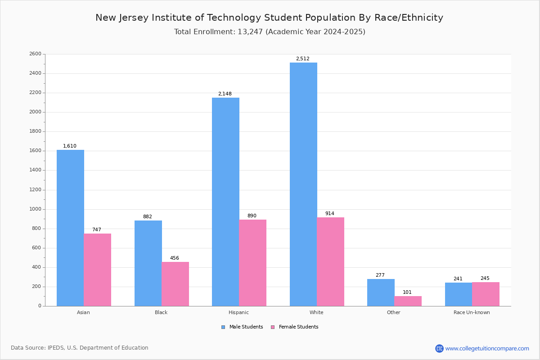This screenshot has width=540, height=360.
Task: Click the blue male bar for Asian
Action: tap(70, 228)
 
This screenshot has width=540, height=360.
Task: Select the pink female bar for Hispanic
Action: tap(252, 263)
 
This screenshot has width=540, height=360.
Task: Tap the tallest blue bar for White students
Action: tap(303, 184)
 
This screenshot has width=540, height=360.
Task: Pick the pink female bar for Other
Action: tap(408, 301)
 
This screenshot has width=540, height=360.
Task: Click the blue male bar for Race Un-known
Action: tap(459, 294)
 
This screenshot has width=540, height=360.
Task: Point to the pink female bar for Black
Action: tap(175, 284)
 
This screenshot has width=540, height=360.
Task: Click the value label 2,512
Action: tap(302, 59)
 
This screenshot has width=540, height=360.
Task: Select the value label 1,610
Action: tap(70, 146)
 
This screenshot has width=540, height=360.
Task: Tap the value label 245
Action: tap(485, 279)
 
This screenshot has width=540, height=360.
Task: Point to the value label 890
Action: tap(252, 216)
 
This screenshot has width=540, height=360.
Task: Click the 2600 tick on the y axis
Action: tap(35, 54)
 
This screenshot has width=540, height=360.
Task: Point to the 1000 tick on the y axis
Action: tap(35, 209)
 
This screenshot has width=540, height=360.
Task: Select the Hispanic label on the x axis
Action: tap(238, 312)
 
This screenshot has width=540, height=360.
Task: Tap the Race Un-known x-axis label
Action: tap(472, 312)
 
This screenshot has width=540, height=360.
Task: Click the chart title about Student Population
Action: tap(269, 18)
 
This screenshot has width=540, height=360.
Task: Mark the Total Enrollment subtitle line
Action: tap(269, 32)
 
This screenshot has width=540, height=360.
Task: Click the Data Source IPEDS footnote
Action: tap(80, 348)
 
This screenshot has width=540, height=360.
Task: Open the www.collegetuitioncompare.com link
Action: tap(487, 348)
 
